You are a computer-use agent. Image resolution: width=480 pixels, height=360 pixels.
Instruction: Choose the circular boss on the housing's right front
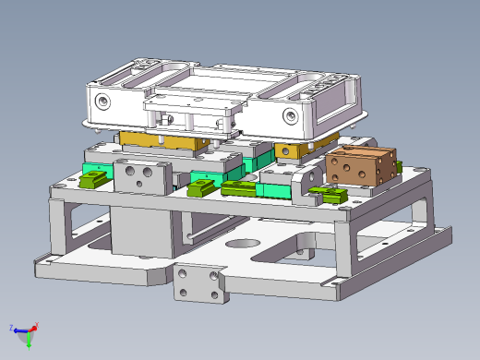290,115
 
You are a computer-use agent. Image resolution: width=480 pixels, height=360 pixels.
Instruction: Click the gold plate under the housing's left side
162,140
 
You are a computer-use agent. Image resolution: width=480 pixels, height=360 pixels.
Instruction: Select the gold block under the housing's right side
295,150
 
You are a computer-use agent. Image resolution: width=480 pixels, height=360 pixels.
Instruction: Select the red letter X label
36,324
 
